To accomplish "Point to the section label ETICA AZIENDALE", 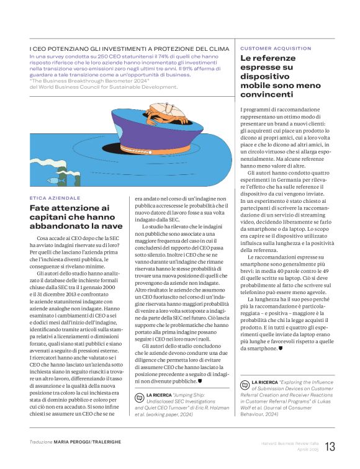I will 55,197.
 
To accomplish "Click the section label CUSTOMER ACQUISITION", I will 276,48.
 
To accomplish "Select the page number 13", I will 330,446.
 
